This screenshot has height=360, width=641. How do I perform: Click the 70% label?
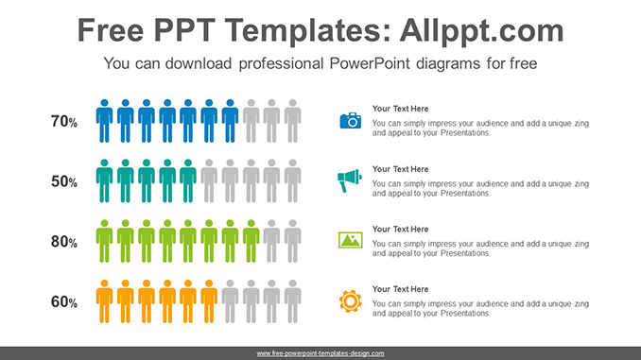(64, 121)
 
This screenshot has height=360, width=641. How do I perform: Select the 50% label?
(64, 181)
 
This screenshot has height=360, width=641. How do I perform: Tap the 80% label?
(64, 242)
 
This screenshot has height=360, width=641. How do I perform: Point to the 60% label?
(64, 302)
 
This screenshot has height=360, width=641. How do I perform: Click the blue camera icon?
(351, 120)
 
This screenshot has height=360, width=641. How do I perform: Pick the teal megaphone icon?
(351, 180)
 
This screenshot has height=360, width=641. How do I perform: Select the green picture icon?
(351, 240)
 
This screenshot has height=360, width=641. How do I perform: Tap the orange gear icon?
(351, 300)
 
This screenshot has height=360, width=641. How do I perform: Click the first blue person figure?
(104, 120)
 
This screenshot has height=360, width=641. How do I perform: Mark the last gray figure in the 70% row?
(293, 120)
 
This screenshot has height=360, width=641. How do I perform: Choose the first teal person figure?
(104, 180)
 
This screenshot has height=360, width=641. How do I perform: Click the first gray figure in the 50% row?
(209, 180)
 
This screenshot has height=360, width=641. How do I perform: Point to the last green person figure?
(251, 241)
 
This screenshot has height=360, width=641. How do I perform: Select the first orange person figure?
(104, 301)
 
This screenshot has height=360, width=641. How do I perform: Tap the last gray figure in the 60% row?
(293, 301)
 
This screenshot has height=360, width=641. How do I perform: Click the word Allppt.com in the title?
(476, 30)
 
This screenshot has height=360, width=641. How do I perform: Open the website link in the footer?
(320, 353)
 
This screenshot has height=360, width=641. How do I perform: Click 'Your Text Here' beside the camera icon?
(400, 109)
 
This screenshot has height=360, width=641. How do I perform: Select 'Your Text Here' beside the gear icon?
(400, 289)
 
